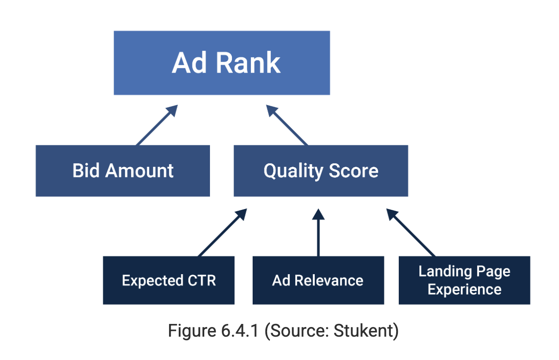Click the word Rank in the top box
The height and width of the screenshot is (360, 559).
coord(248,63)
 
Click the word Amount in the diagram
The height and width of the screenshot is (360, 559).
coord(138,170)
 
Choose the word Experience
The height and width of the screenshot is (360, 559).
coord(464,290)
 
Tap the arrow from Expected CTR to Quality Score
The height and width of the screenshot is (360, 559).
coord(222,233)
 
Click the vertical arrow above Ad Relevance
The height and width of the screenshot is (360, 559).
coord(318,233)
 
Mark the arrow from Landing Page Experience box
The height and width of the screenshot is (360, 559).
coord(411,233)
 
